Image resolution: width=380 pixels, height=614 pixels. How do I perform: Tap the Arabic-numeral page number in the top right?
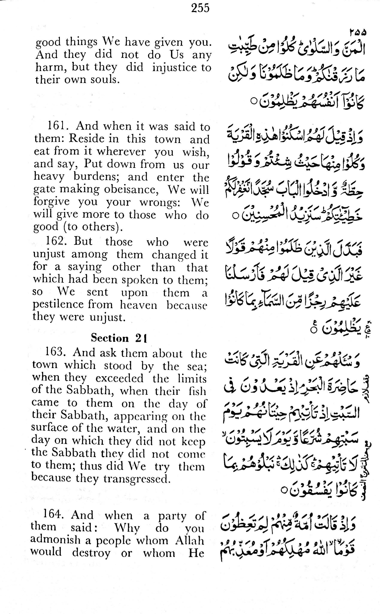358,32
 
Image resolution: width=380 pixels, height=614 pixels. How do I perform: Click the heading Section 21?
119,338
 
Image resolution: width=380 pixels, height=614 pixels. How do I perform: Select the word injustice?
171,67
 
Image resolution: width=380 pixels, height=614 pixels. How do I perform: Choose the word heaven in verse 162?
138,305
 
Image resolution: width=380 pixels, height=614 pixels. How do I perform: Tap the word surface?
47,428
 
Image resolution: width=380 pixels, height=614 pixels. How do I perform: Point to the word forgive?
51,201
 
